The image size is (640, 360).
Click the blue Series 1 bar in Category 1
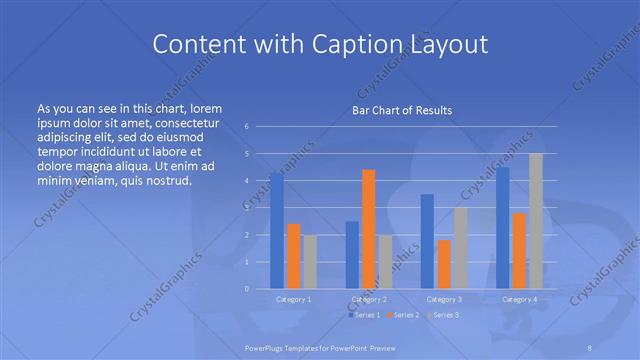[x=277, y=230]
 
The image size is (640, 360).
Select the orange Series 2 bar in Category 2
[x=369, y=229]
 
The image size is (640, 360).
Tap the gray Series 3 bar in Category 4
[x=536, y=221]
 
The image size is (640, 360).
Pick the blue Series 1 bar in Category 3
[x=427, y=241]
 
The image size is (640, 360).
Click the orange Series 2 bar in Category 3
[x=444, y=264]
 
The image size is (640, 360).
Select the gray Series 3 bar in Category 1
[x=310, y=261]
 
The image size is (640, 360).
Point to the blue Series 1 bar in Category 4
[x=503, y=228]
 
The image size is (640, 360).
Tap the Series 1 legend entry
[x=364, y=315]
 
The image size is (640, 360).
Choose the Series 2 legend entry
[x=403, y=315]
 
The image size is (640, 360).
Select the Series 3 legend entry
[x=442, y=315]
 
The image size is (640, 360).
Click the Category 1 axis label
[x=294, y=299]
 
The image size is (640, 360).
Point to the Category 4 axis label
[x=519, y=299]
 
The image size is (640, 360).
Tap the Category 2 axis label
[x=369, y=299]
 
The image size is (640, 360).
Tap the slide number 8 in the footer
[x=591, y=346]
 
